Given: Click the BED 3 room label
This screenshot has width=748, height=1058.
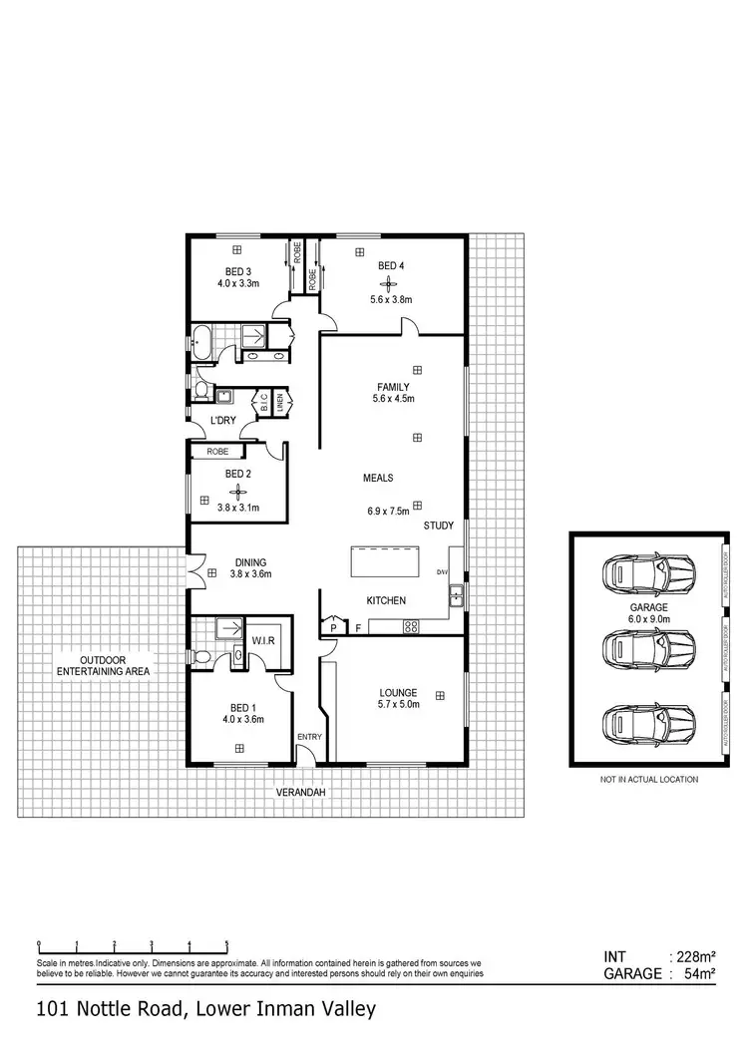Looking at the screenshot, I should pos(237,270).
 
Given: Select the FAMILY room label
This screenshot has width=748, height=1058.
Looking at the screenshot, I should pos(393,387).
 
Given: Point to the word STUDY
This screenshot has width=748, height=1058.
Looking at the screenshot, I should pos(439,526).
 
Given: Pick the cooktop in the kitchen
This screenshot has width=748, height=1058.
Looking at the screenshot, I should pos(409,626).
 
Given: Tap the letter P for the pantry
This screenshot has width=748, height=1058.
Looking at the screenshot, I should pos(333,628).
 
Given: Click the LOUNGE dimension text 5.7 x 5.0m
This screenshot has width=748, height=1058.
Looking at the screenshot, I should pos(398,705).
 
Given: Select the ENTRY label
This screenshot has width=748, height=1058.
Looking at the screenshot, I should pos(308,737).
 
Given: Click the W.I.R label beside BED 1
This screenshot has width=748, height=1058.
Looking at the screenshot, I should pos(264,639).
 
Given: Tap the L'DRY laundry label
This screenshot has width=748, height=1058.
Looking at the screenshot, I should pos(223,420).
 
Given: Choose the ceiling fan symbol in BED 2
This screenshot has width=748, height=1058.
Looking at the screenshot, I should pos(237,491).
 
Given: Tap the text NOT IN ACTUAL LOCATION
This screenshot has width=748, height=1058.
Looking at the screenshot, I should pos(648,779).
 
